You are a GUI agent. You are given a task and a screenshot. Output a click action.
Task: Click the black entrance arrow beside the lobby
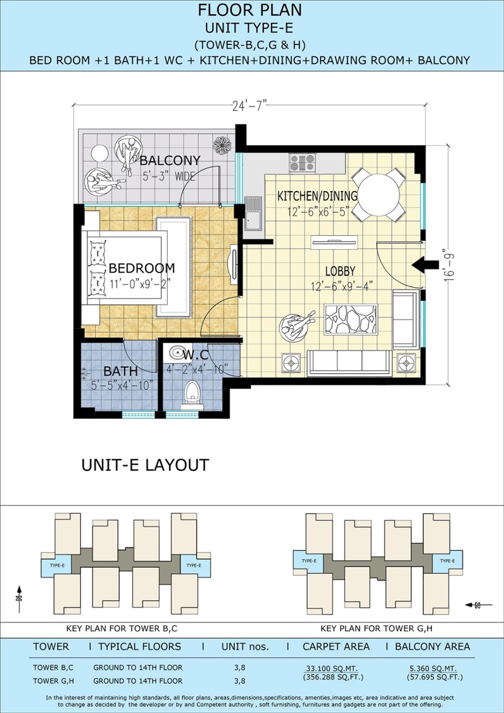[425, 265]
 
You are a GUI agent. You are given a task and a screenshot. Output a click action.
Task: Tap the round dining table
[378, 195]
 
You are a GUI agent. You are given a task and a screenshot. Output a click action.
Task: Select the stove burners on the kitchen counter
[303, 163]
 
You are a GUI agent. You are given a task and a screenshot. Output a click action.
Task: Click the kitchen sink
[253, 213]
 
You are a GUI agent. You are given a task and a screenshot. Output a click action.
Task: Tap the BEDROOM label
[141, 268]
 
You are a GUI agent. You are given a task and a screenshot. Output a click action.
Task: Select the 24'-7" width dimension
[248, 107]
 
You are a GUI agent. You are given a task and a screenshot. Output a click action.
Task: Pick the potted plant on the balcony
[222, 145]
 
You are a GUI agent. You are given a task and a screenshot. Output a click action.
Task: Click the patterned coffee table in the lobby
[350, 319]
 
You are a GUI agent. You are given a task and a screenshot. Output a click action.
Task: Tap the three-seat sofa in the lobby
[349, 363]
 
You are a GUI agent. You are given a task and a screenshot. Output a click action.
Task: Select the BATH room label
[114, 371]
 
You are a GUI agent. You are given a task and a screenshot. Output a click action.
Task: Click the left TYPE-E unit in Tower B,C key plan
[57, 566]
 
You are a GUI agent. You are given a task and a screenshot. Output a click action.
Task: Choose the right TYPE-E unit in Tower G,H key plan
[448, 561]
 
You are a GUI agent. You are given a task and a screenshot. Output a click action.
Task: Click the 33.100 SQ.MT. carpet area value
[331, 669]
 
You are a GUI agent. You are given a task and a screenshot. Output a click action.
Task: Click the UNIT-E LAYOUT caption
[145, 465]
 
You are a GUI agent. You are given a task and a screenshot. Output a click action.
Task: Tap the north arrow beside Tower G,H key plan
[479, 605]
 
